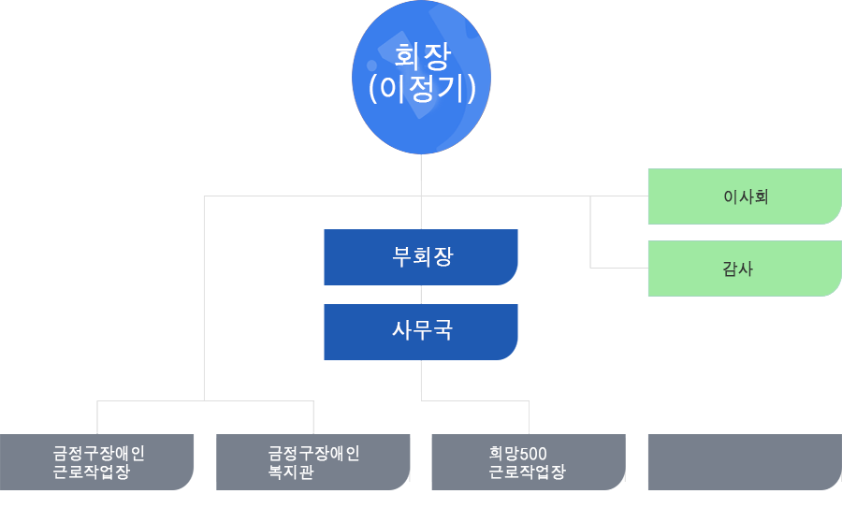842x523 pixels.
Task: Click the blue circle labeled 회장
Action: (x=421, y=78)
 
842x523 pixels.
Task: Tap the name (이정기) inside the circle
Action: (x=422, y=88)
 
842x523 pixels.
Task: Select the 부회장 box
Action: (x=420, y=257)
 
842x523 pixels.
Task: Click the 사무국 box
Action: (x=420, y=332)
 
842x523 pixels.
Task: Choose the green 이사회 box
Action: (x=745, y=196)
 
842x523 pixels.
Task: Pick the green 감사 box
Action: (x=745, y=269)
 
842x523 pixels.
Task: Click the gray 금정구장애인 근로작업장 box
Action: (x=96, y=462)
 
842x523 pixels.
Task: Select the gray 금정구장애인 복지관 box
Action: (x=313, y=462)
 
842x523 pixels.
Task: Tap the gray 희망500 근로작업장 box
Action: (x=529, y=462)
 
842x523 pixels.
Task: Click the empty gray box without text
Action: (x=745, y=462)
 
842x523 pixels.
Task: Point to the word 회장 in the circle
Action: (x=423, y=56)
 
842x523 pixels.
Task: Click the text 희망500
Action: (x=517, y=454)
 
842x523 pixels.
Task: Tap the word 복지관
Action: (x=291, y=472)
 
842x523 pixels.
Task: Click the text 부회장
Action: (x=423, y=256)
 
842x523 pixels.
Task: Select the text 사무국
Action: (x=423, y=330)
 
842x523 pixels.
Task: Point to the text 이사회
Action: (x=746, y=196)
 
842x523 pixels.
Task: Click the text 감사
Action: (x=738, y=269)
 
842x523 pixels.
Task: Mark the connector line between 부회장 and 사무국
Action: (x=421, y=295)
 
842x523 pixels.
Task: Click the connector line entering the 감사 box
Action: (x=619, y=268)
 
